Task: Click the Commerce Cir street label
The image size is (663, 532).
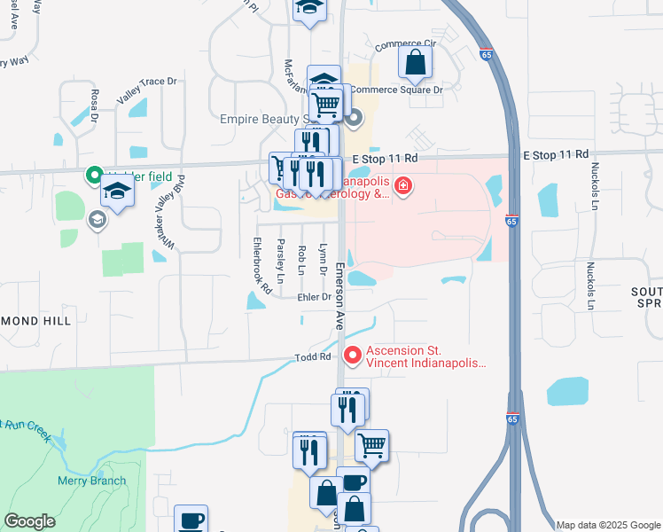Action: point(406,44)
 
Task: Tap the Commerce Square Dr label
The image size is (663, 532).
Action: point(396,90)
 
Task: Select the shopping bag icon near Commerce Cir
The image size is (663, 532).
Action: point(415,63)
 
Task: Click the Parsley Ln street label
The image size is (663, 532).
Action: point(281,261)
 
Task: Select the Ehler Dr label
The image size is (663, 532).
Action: point(315,298)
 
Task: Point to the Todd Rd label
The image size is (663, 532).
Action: point(313,357)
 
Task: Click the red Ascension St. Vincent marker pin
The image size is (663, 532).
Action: point(353,356)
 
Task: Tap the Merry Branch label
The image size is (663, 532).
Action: point(91,481)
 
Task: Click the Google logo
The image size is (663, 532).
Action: point(29,521)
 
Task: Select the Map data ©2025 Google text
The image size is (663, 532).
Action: point(607,525)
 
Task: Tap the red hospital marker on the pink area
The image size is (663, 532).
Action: point(403,186)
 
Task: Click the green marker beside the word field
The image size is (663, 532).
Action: point(94,176)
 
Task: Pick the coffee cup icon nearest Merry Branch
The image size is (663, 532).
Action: point(191,520)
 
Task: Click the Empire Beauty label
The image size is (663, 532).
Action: point(263,119)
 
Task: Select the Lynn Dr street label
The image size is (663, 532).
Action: point(323,259)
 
